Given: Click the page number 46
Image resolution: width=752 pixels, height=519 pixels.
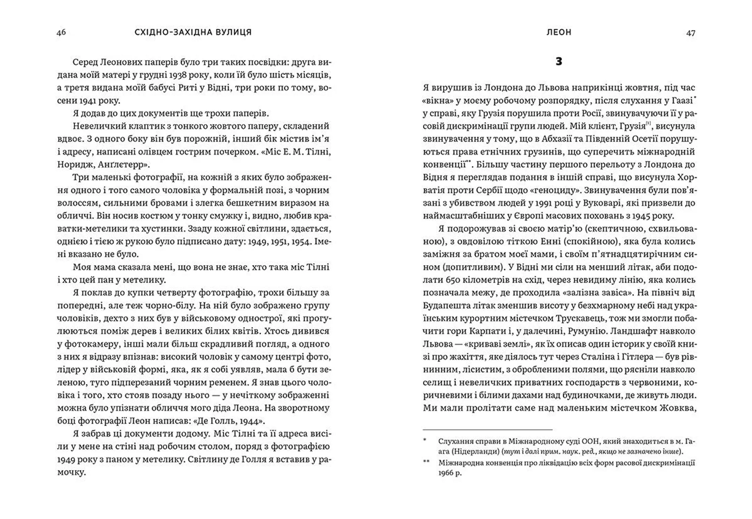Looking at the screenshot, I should (x=61, y=33).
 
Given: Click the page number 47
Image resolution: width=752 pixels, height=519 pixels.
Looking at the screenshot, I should (x=691, y=33).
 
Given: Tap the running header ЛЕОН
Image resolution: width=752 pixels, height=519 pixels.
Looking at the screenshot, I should (x=559, y=33).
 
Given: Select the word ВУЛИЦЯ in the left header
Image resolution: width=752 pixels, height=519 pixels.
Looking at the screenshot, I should (x=233, y=33).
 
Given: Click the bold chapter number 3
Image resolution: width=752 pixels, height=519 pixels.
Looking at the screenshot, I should (x=559, y=61).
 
